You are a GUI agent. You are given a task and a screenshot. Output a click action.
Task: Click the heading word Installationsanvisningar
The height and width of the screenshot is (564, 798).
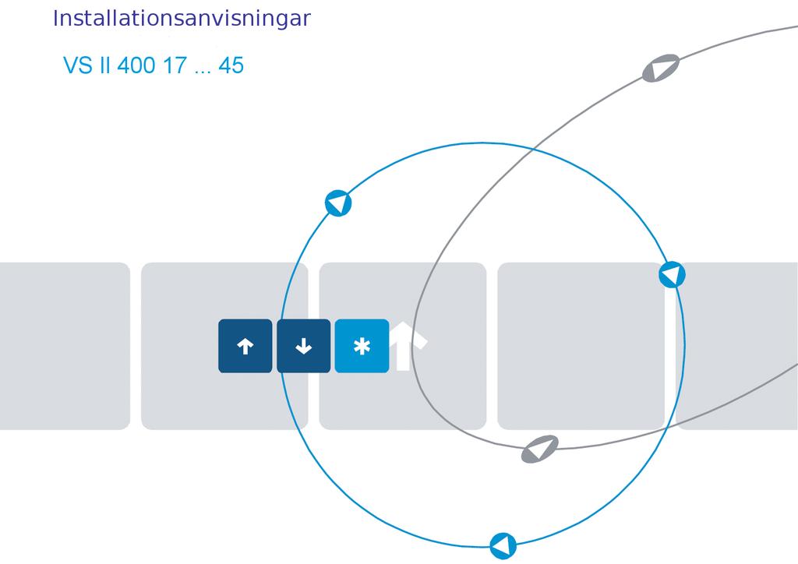182,19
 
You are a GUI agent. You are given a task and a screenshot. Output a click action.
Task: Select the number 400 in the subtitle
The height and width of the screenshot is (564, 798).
136,65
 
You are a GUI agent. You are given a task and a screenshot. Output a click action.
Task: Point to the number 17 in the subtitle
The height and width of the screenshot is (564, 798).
175,65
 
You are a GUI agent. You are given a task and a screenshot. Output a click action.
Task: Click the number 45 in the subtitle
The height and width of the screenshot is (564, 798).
231,65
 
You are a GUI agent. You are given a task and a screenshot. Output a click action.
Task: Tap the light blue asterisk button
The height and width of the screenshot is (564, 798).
362,346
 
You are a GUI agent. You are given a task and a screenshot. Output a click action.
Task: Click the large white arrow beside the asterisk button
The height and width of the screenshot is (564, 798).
407,345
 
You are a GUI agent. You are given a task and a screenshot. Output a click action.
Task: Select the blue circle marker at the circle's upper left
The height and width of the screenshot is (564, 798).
338,203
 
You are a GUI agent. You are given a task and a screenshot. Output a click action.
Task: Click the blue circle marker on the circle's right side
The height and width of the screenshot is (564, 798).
672,275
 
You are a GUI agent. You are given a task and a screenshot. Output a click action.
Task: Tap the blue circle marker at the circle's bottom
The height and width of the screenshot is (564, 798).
503,545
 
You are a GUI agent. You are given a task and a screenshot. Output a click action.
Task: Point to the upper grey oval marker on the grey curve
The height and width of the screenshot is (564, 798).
661,68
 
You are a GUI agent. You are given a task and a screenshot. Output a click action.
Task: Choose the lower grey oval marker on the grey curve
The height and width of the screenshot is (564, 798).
539,449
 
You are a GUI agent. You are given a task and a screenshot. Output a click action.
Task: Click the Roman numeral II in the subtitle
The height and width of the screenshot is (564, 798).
105,65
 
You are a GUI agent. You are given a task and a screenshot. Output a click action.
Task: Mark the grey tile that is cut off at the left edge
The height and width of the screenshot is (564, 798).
65,346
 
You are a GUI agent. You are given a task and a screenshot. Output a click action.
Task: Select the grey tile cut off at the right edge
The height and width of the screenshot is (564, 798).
737,346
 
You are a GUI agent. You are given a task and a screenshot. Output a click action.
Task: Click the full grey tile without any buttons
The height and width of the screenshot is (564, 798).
581,346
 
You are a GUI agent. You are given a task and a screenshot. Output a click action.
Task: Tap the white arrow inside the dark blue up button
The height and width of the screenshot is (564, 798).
245,347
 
